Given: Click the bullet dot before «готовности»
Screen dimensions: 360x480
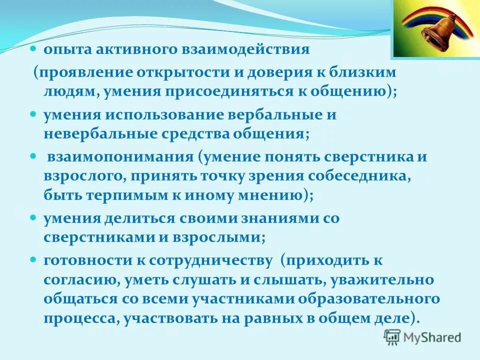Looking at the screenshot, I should pyautogui.click(x=33, y=260).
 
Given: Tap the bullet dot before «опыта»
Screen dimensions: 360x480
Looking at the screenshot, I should pyautogui.click(x=33, y=49).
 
